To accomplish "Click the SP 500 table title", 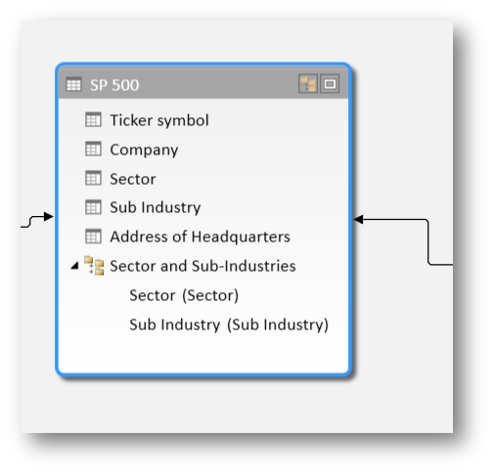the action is [114, 85].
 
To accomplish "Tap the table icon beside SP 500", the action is [73, 85].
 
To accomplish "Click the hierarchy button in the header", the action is [308, 84].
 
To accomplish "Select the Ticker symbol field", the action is [159, 120].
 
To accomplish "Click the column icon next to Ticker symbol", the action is [93, 119].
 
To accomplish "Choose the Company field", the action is [144, 150].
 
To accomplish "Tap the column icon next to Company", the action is [93, 149].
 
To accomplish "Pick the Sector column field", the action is [133, 179].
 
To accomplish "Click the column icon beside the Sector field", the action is [93, 178].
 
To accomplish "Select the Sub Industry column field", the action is [156, 207].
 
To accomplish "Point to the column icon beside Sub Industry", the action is [93, 207].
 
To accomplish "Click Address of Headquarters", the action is [200, 237].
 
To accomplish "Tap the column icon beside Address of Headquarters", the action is [93, 237].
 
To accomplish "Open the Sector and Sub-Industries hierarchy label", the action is [202, 266].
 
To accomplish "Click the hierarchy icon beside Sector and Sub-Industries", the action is [94, 266].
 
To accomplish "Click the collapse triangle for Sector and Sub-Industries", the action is [75, 266].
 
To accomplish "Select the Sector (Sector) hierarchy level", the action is [184, 295].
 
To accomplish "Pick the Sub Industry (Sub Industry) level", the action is [229, 324].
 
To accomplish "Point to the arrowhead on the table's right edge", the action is [358, 219].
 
